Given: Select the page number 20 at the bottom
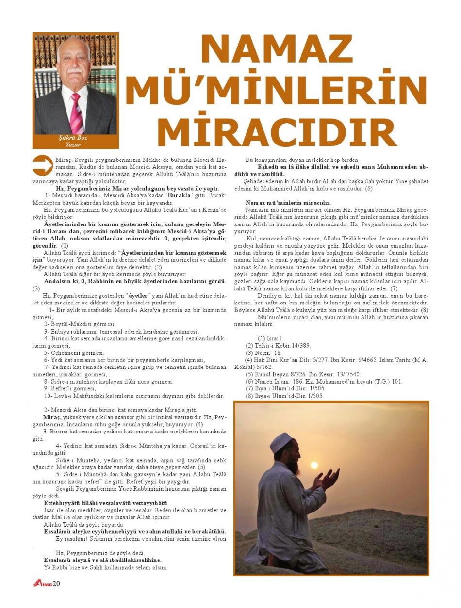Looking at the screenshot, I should [x=56, y=583].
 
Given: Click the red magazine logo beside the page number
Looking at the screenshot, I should [x=42, y=583].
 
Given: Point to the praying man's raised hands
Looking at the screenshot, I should [x=326, y=480].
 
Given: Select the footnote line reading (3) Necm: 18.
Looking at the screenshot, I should [x=264, y=353].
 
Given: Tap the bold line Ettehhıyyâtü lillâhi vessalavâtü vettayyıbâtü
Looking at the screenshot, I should [x=105, y=503].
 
